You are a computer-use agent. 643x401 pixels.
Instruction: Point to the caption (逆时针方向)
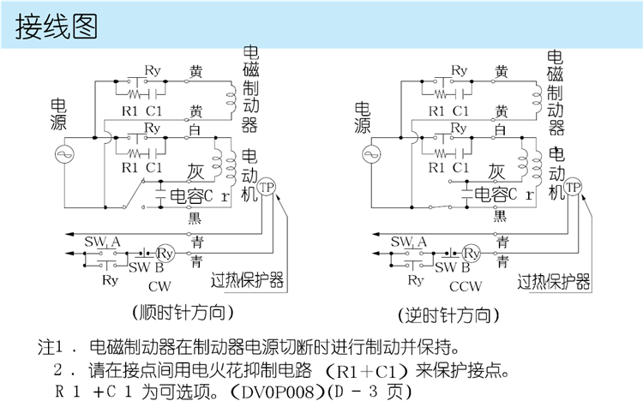(x=448, y=314)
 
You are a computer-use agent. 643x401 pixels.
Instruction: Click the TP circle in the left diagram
(x=267, y=188)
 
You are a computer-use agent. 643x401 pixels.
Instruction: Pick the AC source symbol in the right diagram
(x=370, y=155)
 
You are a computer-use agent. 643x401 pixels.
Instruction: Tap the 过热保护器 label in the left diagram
(x=249, y=282)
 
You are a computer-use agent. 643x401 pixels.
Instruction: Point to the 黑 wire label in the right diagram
(x=500, y=218)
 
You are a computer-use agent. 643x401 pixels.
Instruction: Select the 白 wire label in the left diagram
(x=195, y=129)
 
